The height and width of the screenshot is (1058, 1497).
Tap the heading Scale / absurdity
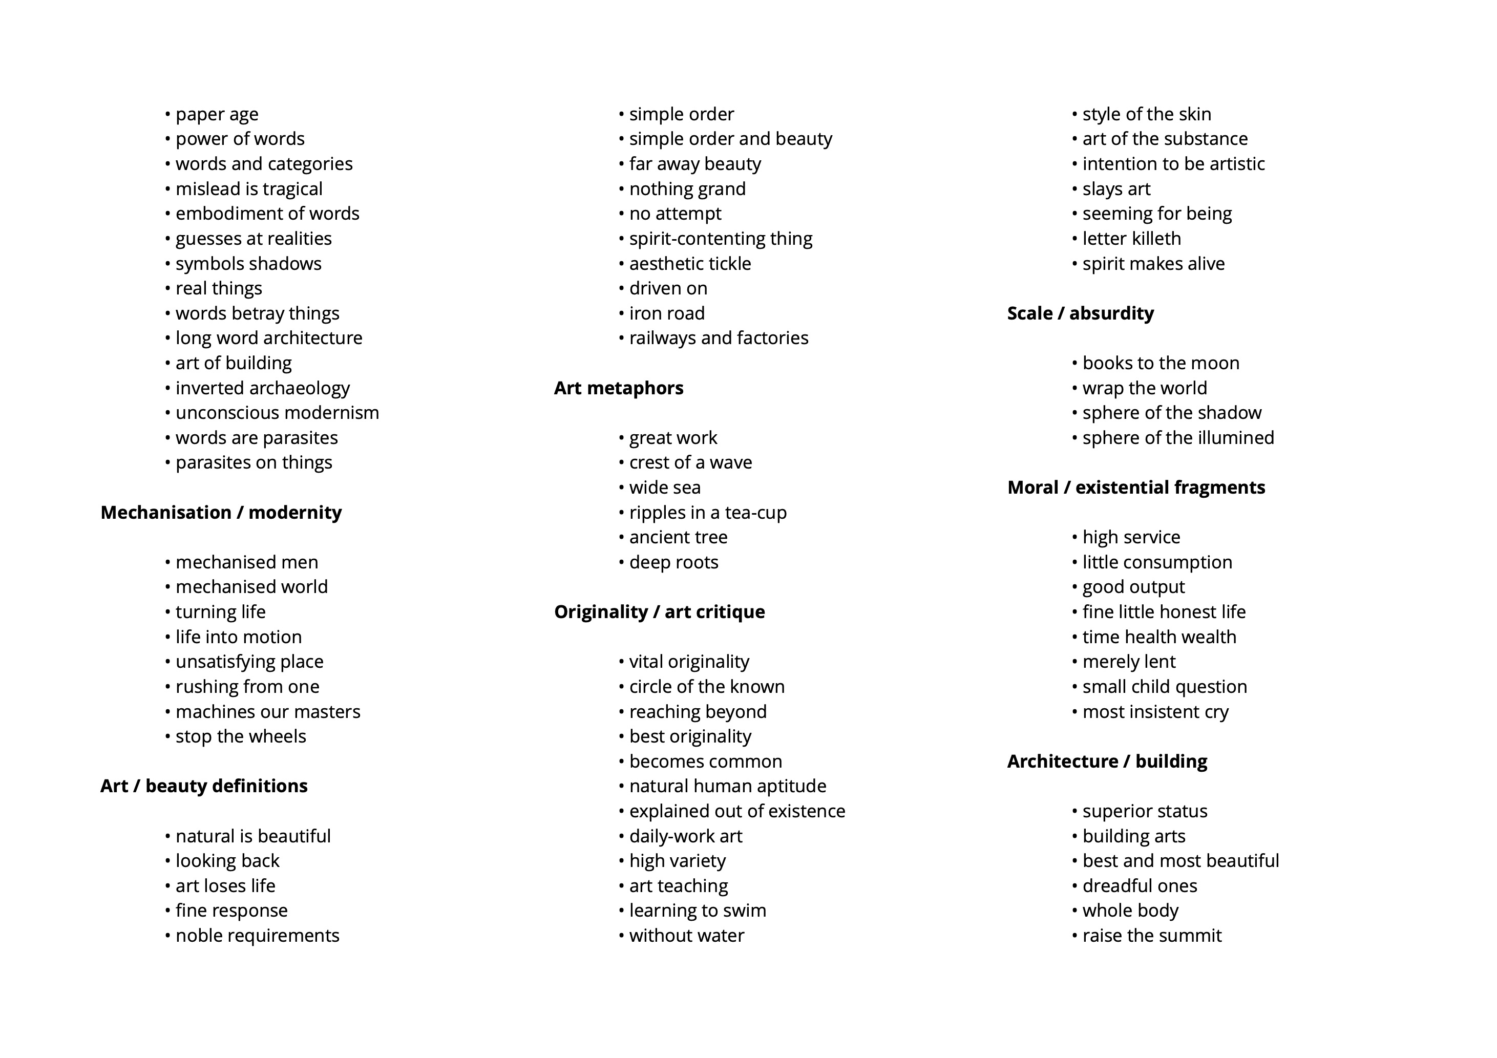(x=1080, y=313)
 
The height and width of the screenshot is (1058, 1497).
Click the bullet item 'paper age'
(x=217, y=114)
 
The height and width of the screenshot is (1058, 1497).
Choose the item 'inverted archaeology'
(x=262, y=388)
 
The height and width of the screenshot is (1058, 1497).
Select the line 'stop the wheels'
(x=241, y=736)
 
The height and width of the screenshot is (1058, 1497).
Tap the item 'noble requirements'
(x=257, y=936)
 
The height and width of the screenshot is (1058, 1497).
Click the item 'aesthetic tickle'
(x=690, y=263)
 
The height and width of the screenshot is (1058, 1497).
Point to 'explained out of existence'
(x=737, y=811)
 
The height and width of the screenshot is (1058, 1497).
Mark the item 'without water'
(x=687, y=936)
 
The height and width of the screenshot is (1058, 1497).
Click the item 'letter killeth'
(x=1131, y=239)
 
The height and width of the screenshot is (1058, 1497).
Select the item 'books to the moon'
(x=1161, y=363)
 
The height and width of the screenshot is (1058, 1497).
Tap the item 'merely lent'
(x=1129, y=662)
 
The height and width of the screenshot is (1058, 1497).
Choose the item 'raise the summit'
(x=1151, y=936)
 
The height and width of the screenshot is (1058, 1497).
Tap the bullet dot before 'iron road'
(x=621, y=313)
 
